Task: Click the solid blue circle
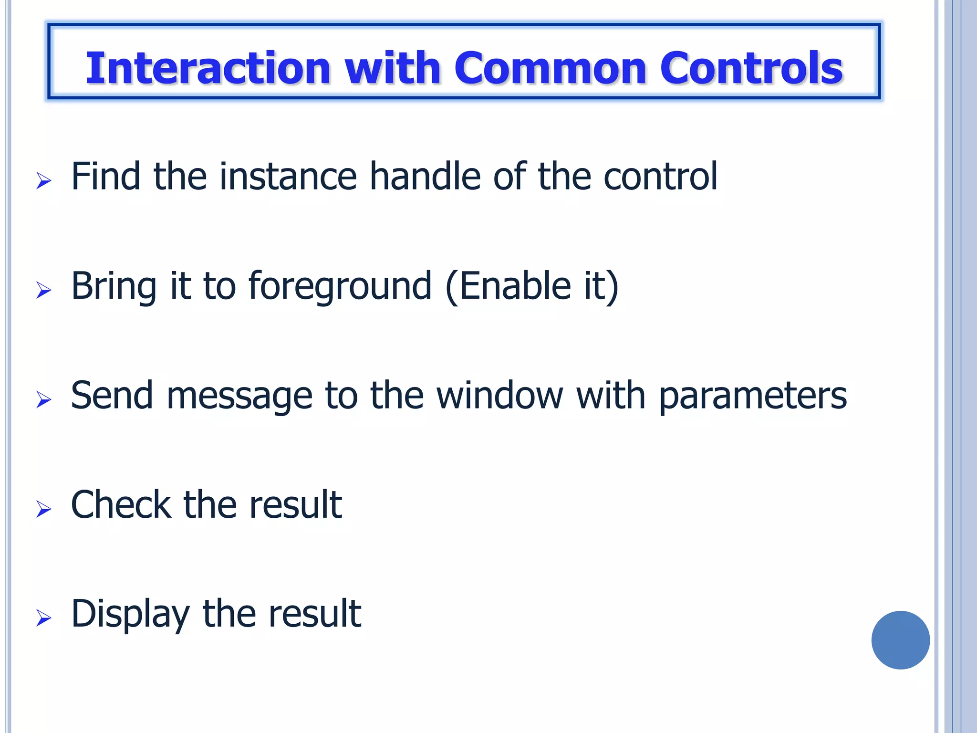pyautogui.click(x=900, y=640)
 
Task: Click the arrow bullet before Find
pyautogui.click(x=43, y=181)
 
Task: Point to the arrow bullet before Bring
pyautogui.click(x=43, y=290)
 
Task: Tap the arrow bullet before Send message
pyautogui.click(x=43, y=399)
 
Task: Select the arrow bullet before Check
pyautogui.click(x=43, y=509)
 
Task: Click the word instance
pyautogui.click(x=288, y=176)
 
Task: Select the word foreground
pyautogui.click(x=340, y=286)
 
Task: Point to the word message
pyautogui.click(x=239, y=396)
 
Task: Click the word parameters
pyautogui.click(x=753, y=396)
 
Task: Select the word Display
pyautogui.click(x=130, y=615)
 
